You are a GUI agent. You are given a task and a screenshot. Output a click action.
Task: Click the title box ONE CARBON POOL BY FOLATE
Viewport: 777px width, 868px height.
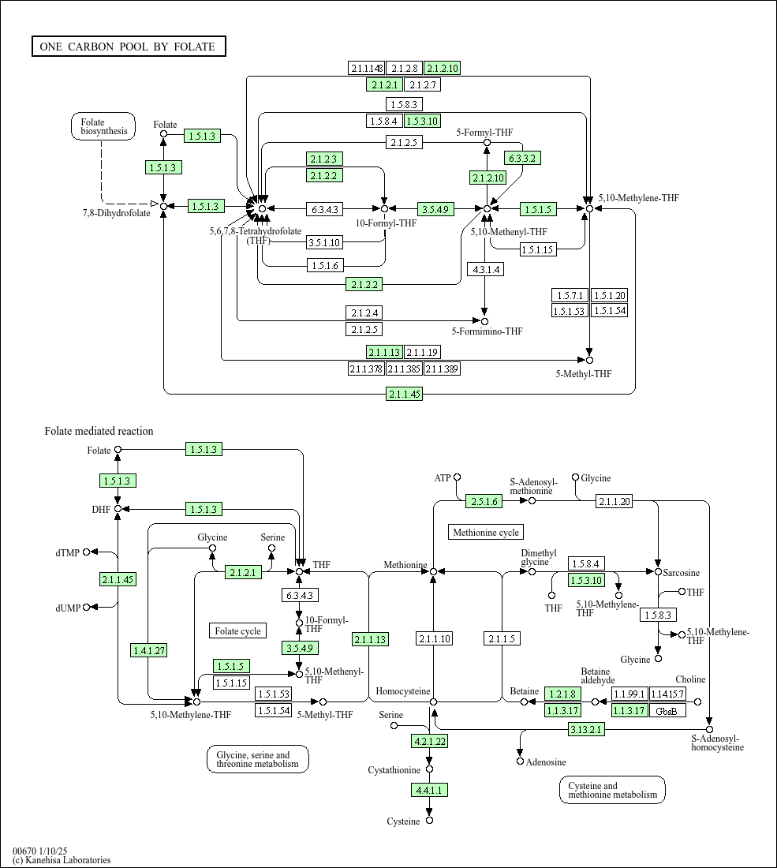pyautogui.click(x=129, y=47)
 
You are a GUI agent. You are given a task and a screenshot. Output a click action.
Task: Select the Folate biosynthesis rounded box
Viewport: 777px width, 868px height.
pyautogui.click(x=103, y=126)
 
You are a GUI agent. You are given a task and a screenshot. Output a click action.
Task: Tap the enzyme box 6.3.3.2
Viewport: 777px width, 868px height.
pyautogui.click(x=522, y=159)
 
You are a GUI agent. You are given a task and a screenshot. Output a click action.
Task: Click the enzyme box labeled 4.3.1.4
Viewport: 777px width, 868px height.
pyautogui.click(x=485, y=270)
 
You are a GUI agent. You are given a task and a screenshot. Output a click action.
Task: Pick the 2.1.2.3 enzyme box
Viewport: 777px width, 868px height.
pyautogui.click(x=324, y=159)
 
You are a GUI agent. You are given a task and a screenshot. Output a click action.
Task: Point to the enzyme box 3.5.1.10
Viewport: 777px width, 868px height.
pyautogui.click(x=324, y=242)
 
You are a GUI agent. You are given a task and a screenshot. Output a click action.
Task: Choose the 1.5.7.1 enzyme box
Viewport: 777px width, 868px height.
pyautogui.click(x=570, y=296)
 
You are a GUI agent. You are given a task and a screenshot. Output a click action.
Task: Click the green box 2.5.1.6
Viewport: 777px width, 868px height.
pyautogui.click(x=484, y=502)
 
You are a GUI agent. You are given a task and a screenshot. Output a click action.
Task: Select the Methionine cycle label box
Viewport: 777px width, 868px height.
pyautogui.click(x=486, y=533)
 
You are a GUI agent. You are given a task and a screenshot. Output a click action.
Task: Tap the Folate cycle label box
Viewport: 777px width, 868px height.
pyautogui.click(x=238, y=631)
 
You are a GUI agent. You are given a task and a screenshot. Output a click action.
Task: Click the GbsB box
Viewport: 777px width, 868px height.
pyautogui.click(x=667, y=710)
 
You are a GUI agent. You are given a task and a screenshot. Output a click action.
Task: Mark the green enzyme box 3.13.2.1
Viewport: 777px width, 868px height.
pyautogui.click(x=586, y=730)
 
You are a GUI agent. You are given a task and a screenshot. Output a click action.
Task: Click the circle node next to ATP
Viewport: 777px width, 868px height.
pyautogui.click(x=457, y=477)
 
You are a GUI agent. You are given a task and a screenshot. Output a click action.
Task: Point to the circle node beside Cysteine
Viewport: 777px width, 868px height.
pyautogui.click(x=429, y=821)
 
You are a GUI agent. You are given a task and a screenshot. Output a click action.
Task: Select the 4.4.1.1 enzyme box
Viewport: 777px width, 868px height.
pyautogui.click(x=429, y=790)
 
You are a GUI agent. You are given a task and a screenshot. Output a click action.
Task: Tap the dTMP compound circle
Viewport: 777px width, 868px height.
pyautogui.click(x=86, y=552)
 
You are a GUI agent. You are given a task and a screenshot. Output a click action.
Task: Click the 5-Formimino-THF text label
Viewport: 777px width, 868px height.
pyautogui.click(x=487, y=331)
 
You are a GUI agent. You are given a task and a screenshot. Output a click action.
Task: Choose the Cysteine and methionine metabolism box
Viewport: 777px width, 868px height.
pyautogui.click(x=613, y=790)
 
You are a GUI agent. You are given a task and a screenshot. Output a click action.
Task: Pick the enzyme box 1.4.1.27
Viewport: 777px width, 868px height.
pyautogui.click(x=149, y=650)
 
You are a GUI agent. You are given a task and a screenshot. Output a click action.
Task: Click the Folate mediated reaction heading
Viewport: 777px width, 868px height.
pyautogui.click(x=99, y=431)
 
